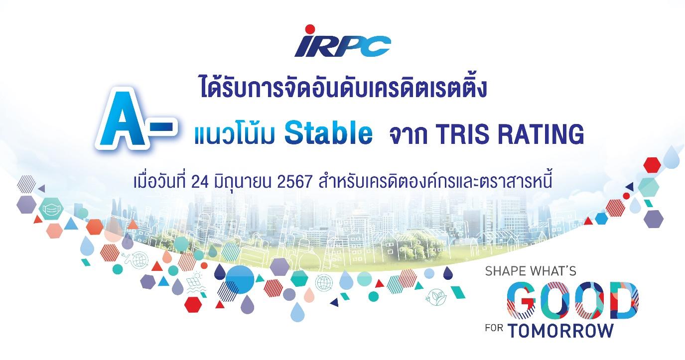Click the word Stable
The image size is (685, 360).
click(329, 134)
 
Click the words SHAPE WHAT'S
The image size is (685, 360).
click(530, 272)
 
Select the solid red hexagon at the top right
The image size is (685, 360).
click(652, 165)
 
